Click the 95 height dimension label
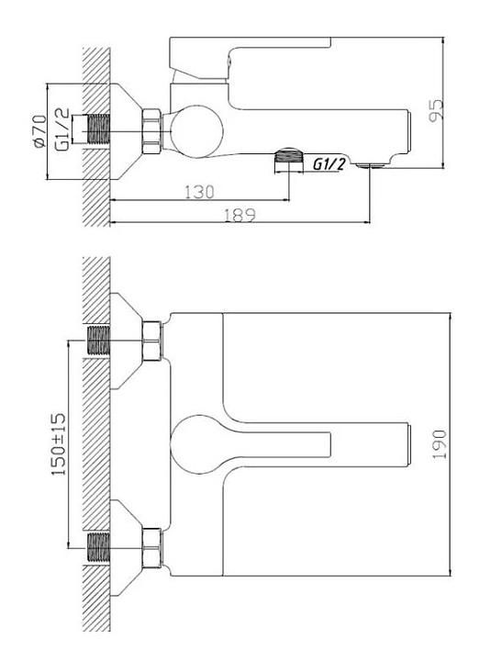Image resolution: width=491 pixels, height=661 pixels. (437, 110)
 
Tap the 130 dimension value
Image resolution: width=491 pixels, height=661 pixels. (199, 192)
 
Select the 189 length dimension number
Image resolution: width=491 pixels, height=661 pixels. (240, 215)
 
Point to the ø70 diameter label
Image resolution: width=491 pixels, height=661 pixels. (39, 131)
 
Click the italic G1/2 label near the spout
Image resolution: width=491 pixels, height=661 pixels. (329, 164)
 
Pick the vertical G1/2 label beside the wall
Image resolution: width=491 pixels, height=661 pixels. (62, 129)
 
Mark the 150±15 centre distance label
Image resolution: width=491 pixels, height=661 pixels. (59, 444)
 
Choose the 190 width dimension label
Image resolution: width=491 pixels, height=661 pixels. (440, 444)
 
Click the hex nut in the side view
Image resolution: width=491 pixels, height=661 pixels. (151, 131)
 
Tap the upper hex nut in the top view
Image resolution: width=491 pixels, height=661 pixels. (151, 341)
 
